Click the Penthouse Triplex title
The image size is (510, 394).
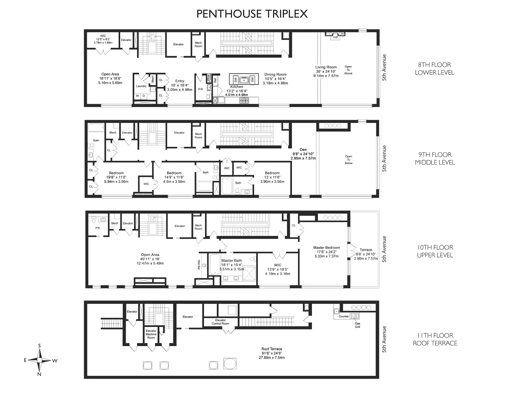(x=252, y=14)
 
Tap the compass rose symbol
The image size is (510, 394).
(x=40, y=360)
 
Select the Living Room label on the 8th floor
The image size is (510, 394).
(x=326, y=67)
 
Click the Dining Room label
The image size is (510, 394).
(x=275, y=75)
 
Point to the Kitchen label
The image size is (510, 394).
(x=236, y=87)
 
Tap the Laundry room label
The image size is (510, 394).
(x=141, y=86)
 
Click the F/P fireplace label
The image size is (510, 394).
(x=335, y=37)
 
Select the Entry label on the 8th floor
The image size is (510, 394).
(x=180, y=81)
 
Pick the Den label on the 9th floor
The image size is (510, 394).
(x=303, y=149)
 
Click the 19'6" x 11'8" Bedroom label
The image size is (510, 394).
(x=116, y=173)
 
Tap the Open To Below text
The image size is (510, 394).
(x=348, y=160)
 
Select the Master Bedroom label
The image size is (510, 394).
(x=326, y=247)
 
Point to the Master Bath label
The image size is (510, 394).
(x=232, y=260)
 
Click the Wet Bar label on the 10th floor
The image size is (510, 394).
(x=199, y=265)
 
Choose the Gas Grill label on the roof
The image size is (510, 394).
(x=357, y=325)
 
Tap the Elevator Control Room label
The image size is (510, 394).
(x=220, y=322)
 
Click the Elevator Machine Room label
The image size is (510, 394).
(x=151, y=334)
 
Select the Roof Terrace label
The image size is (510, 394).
(x=272, y=349)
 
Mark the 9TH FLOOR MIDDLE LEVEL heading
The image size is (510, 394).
(x=435, y=158)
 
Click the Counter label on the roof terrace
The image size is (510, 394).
(x=344, y=316)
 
